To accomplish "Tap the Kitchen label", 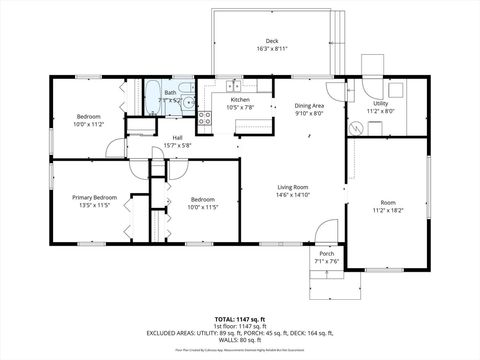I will (x=240, y=100).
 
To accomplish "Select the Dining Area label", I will (x=309, y=105).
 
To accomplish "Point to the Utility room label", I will (x=380, y=103).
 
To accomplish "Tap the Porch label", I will (x=327, y=254).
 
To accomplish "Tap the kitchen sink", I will (x=231, y=87).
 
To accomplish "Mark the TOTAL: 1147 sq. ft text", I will (x=240, y=318).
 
